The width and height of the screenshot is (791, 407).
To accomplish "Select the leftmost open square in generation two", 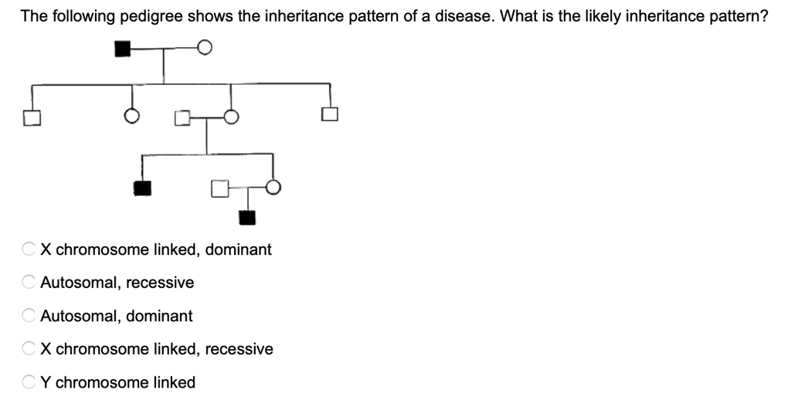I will pyautogui.click(x=31, y=117).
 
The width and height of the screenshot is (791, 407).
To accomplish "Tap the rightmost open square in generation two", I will pyautogui.click(x=330, y=116).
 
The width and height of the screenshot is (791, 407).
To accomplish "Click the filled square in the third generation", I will pyautogui.click(x=142, y=188).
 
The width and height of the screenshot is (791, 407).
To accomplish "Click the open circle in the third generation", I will pyautogui.click(x=273, y=188).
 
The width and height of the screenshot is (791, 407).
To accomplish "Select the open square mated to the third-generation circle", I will pyautogui.click(x=219, y=188).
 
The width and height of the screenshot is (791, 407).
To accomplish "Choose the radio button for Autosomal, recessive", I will pyautogui.click(x=29, y=283).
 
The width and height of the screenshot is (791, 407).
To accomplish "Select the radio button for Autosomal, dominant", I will pyautogui.click(x=29, y=316).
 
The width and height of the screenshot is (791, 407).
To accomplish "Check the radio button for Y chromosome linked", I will pyautogui.click(x=29, y=382).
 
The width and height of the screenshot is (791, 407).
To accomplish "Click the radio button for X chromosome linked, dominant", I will pyautogui.click(x=29, y=249).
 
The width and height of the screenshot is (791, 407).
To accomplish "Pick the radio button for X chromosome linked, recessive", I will pyautogui.click(x=29, y=349).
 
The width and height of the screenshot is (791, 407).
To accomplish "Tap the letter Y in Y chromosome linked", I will pyautogui.click(x=46, y=382).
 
